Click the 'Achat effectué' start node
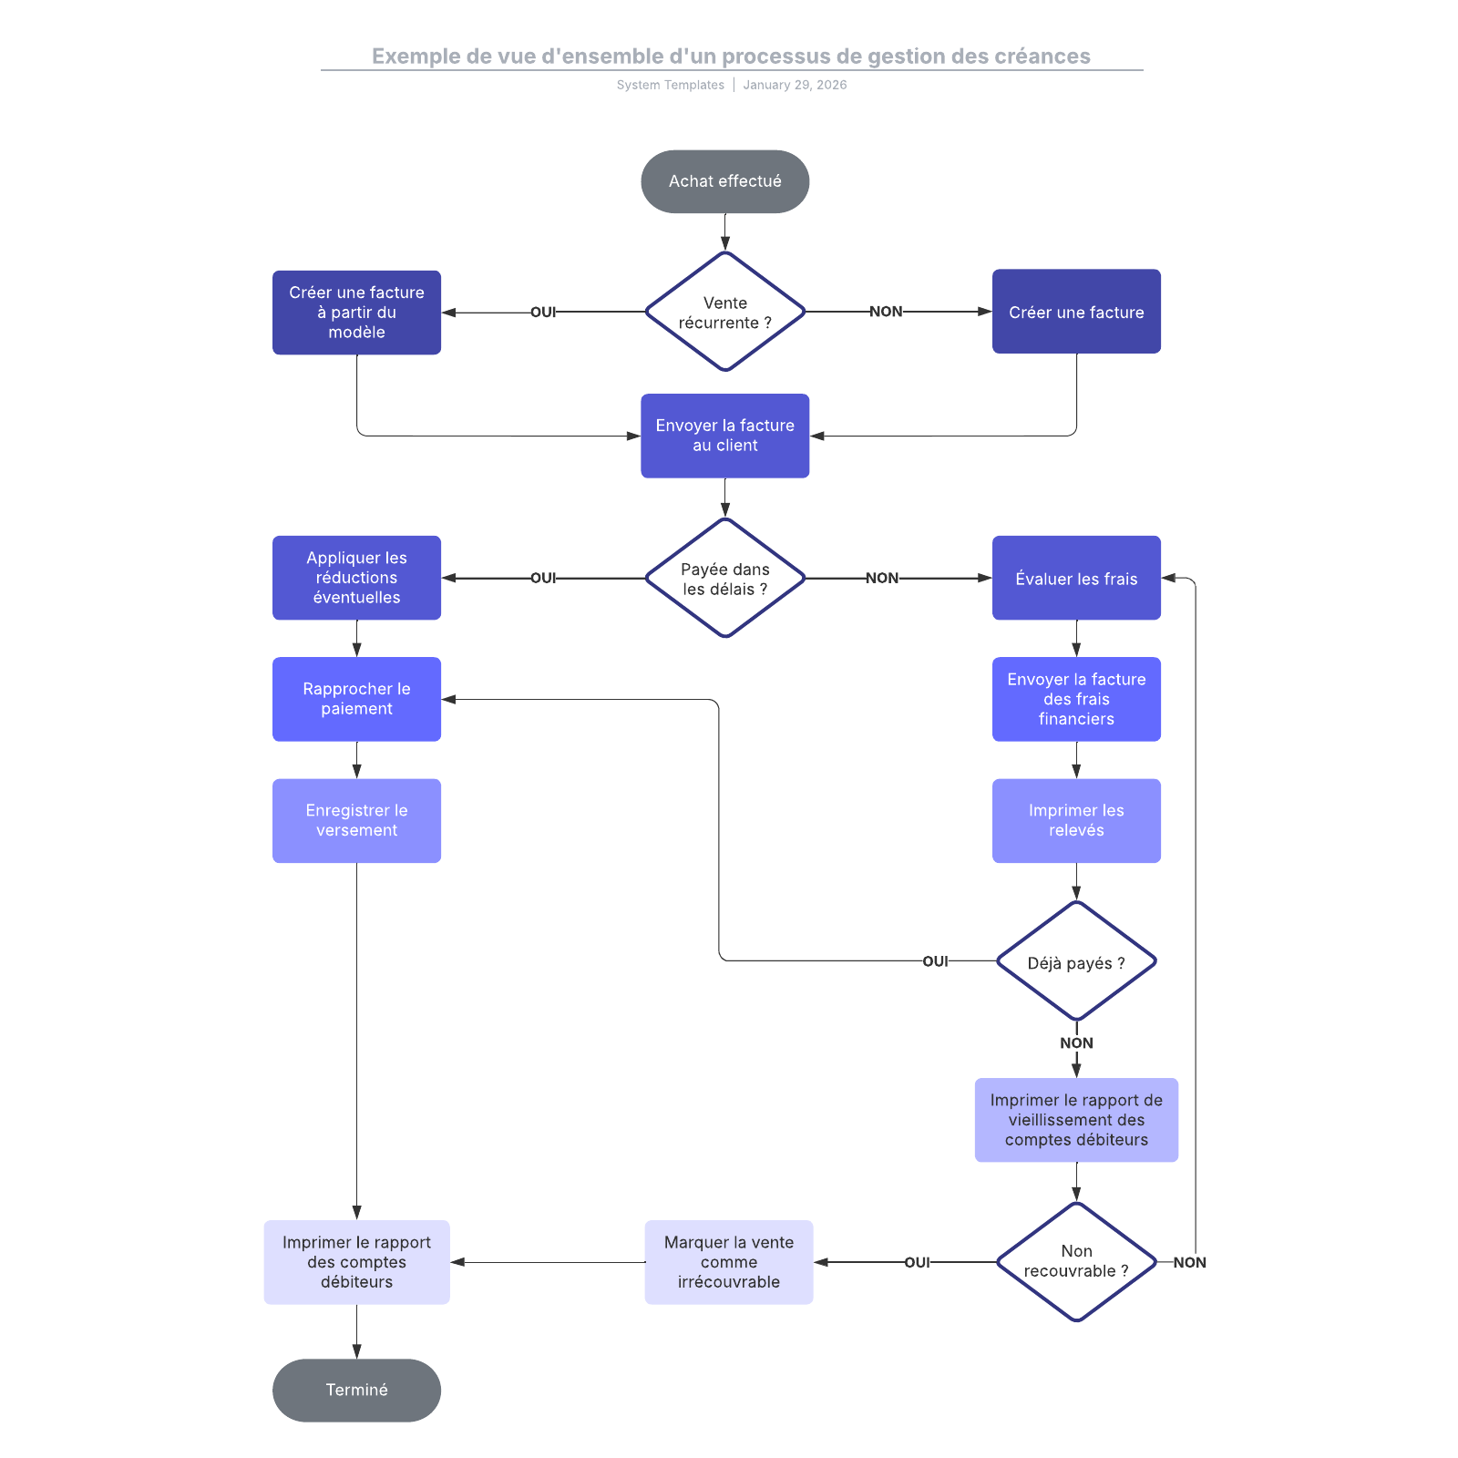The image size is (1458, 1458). click(x=724, y=181)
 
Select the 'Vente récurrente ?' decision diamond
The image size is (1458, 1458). click(x=724, y=312)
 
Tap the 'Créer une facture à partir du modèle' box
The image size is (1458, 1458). click(x=356, y=313)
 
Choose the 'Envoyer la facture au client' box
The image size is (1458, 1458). click(x=724, y=436)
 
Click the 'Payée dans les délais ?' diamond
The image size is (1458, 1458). click(x=724, y=579)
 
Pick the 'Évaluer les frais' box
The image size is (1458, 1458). click(x=1076, y=579)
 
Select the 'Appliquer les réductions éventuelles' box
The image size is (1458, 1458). click(x=356, y=578)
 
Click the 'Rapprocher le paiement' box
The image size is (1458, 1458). click(x=356, y=699)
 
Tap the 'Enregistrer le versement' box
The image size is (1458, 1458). click(x=356, y=820)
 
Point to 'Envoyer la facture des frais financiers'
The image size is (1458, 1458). click(x=1076, y=699)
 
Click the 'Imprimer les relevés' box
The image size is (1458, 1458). click(x=1076, y=820)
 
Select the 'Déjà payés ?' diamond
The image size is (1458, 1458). click(x=1076, y=962)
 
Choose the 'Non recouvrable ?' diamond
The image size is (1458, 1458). click(x=1076, y=1261)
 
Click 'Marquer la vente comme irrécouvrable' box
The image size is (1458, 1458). click(x=728, y=1261)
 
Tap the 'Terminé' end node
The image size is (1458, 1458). click(x=356, y=1390)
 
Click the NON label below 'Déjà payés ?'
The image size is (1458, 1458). click(x=1076, y=1043)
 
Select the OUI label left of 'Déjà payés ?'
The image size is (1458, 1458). click(x=935, y=961)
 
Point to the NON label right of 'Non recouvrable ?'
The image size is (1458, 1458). click(x=1189, y=1262)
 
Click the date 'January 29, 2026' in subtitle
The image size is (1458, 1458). click(x=795, y=85)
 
